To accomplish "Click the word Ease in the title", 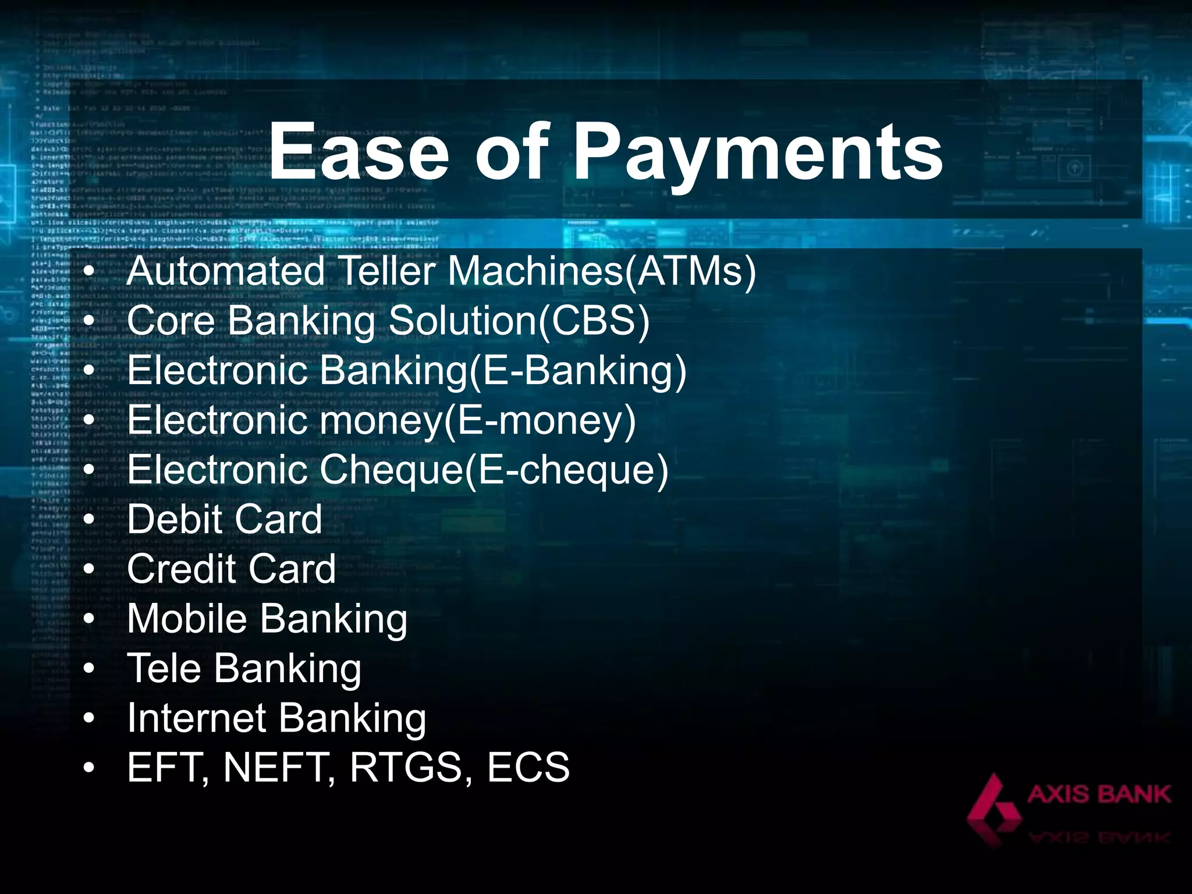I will (359, 153).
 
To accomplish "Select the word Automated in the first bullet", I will (225, 271).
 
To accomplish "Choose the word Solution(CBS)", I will (519, 321).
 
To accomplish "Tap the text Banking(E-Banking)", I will (503, 371).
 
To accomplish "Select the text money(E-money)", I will (477, 420).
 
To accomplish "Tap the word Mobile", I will (187, 618).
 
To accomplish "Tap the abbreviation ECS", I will (528, 767).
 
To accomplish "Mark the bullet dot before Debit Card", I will (88, 519).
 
